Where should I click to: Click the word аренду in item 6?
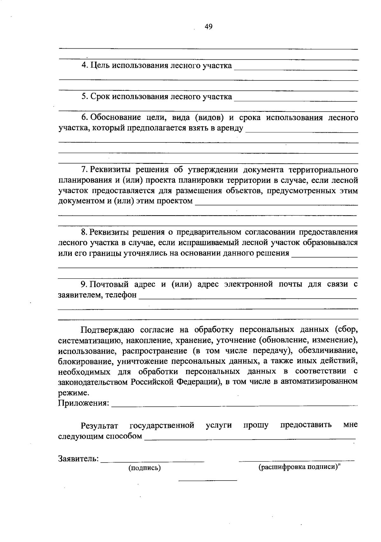pyautogui.click(x=231, y=128)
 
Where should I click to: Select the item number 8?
pyautogui.click(x=84, y=232)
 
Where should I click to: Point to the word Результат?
pyautogui.click(x=100, y=425)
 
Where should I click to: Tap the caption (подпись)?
pyautogui.click(x=144, y=468)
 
